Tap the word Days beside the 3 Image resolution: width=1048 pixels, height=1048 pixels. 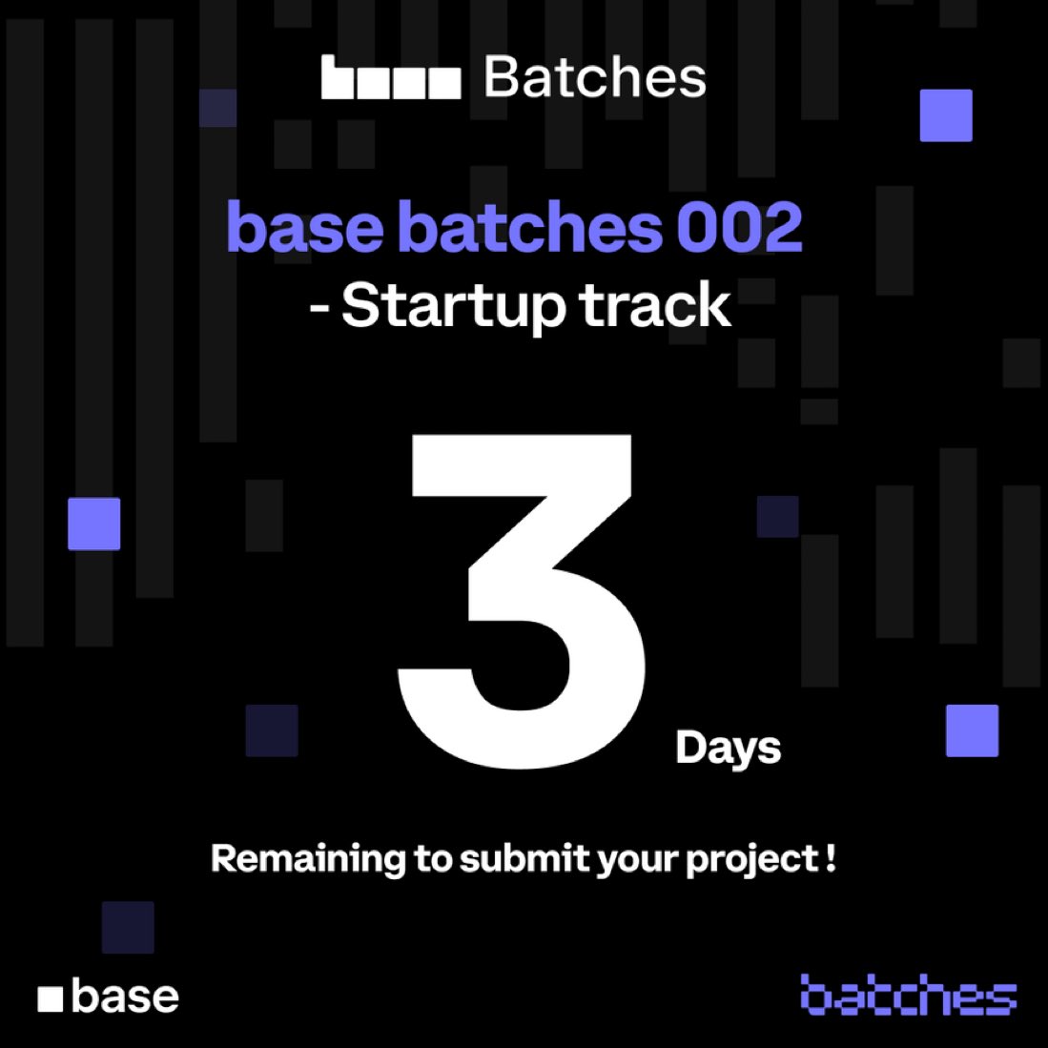[x=728, y=749]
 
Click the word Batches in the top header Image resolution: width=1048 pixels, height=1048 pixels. [x=595, y=78]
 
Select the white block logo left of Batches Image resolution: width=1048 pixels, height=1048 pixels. [x=391, y=78]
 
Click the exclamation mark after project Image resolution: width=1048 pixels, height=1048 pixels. [x=832, y=857]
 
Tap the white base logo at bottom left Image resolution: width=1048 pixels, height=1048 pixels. [x=108, y=997]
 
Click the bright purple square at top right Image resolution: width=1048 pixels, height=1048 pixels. [x=945, y=115]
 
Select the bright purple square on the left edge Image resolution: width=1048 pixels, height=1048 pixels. [x=93, y=524]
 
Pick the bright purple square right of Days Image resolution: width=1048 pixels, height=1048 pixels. [x=972, y=730]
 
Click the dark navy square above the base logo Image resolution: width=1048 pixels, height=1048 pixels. [x=128, y=927]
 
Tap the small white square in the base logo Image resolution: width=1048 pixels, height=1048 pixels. [x=51, y=999]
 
